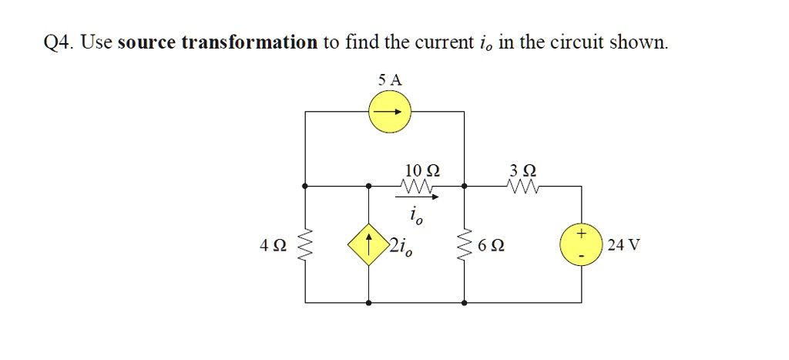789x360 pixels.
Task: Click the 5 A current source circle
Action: pyautogui.click(x=389, y=113)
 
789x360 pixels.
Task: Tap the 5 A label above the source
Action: pyautogui.click(x=390, y=79)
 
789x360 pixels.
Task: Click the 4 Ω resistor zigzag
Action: pyautogui.click(x=306, y=247)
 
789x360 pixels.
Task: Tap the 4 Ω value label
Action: pyautogui.click(x=274, y=247)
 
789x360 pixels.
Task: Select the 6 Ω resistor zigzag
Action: pyautogui.click(x=464, y=247)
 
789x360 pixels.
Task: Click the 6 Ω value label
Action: pyautogui.click(x=492, y=247)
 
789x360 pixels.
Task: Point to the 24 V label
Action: pyautogui.click(x=623, y=247)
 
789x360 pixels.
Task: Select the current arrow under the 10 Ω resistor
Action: pyautogui.click(x=421, y=197)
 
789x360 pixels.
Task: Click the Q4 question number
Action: pyautogui.click(x=57, y=43)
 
